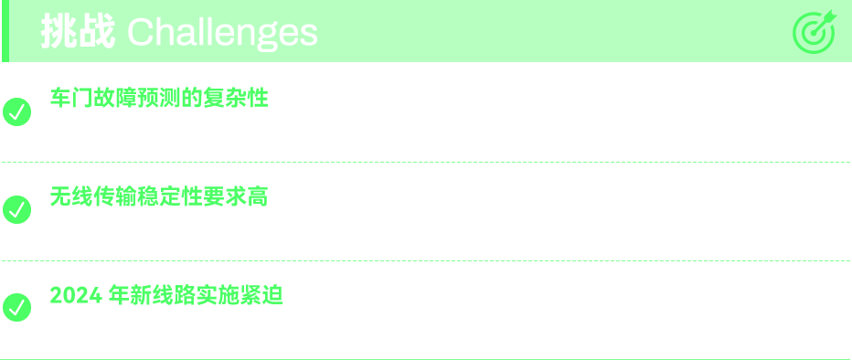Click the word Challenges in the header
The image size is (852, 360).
tap(222, 33)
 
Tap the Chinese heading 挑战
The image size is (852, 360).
tap(79, 32)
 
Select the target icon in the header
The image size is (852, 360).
tap(814, 31)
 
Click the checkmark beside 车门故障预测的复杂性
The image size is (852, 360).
tap(16, 111)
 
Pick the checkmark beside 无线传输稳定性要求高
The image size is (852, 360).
tap(16, 209)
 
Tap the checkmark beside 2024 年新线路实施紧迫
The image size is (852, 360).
tap(16, 307)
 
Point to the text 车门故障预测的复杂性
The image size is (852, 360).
tap(159, 99)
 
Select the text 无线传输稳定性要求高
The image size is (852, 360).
tap(159, 196)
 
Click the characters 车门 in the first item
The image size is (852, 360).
tap(71, 99)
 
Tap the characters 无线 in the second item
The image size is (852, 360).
tap(71, 196)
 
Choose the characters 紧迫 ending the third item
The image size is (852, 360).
tap(261, 295)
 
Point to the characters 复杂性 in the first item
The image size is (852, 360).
tap(236, 99)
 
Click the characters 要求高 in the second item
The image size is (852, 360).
tap(236, 196)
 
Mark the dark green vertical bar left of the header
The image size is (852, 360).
tap(5, 31)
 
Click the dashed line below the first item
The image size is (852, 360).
tap(426, 162)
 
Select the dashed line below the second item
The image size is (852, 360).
tap(426, 260)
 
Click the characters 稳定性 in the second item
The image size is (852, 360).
tap(170, 196)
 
